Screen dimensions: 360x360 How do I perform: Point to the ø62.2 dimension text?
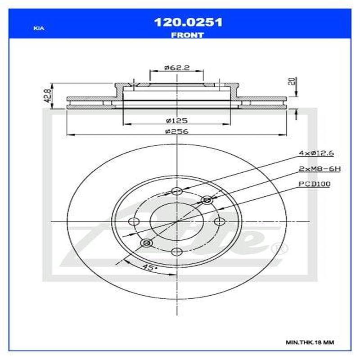[x=176, y=67]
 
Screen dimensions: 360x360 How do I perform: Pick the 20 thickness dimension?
[x=292, y=82]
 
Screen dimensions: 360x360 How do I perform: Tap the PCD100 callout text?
[x=314, y=184]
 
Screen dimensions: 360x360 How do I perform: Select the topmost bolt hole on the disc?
[x=177, y=192]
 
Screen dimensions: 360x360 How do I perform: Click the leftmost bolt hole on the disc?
[x=134, y=221]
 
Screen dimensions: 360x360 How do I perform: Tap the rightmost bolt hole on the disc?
[x=220, y=221]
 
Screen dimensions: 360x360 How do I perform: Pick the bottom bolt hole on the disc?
[x=177, y=251]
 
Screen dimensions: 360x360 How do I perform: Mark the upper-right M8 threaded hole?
[x=207, y=200]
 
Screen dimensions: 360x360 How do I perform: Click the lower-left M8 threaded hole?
[x=146, y=243]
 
